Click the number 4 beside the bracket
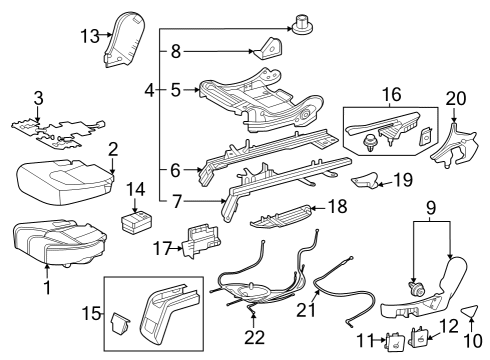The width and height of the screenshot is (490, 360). pos(150,90)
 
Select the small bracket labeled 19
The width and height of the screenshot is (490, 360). pos(366,180)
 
